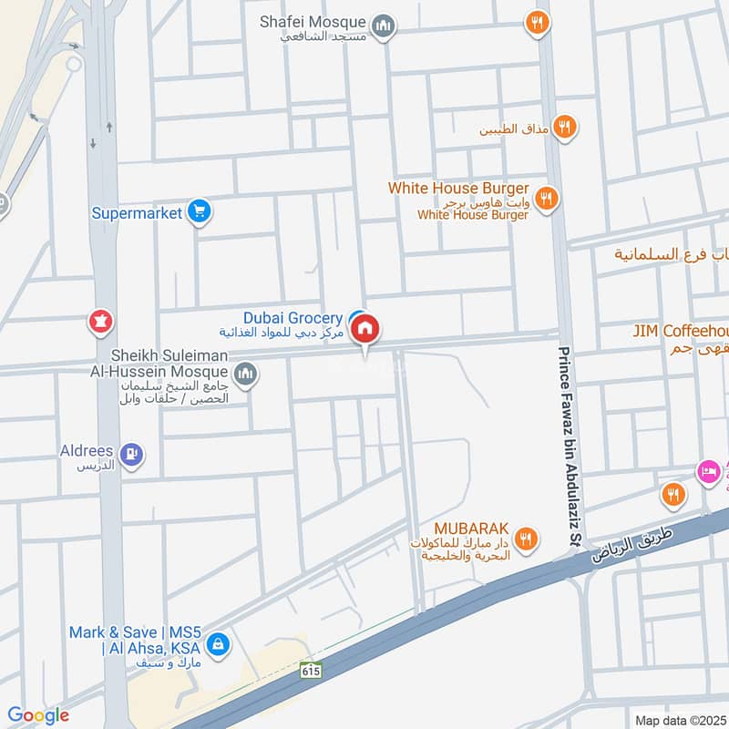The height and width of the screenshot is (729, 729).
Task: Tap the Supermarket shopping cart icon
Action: (x=200, y=212)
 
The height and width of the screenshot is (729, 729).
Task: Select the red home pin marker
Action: (x=365, y=330)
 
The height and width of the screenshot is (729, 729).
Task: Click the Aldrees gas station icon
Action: (x=132, y=452)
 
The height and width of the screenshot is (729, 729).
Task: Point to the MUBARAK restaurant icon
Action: (x=524, y=539)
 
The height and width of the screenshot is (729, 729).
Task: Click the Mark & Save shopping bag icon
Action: (x=217, y=645)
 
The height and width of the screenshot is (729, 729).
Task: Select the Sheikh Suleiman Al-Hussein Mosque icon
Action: (x=245, y=373)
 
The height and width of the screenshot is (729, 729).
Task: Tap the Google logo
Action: (x=37, y=715)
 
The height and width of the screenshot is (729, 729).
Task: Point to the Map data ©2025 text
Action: (x=679, y=720)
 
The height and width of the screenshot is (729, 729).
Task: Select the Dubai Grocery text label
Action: (x=293, y=318)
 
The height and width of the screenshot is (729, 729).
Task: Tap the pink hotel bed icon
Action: (x=706, y=471)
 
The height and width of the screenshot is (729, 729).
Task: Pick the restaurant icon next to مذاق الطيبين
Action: (x=565, y=128)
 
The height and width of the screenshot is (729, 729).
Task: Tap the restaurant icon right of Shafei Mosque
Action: (x=538, y=24)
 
